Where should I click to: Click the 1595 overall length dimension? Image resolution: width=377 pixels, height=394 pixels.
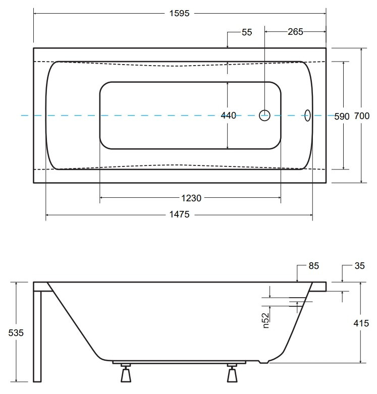(179, 13)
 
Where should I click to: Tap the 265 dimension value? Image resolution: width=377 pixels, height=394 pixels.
(295, 32)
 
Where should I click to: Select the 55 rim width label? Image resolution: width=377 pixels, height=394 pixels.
(247, 32)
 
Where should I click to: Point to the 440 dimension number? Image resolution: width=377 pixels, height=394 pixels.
(229, 116)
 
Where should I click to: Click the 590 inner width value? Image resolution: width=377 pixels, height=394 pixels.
(342, 117)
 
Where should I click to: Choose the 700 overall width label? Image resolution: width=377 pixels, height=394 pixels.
(362, 116)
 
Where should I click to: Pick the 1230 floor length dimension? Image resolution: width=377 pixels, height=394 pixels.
(191, 198)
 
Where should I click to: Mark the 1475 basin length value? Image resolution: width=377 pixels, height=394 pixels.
(179, 214)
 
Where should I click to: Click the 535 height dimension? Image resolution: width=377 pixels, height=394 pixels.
(16, 332)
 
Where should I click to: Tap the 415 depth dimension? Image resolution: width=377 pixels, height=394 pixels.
(361, 323)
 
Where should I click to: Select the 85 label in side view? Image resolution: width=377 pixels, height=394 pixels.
(314, 265)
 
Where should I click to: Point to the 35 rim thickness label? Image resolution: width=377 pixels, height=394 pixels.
(359, 265)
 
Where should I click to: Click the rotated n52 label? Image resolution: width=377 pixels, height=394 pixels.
(265, 320)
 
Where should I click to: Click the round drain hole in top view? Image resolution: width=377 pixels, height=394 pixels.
(264, 116)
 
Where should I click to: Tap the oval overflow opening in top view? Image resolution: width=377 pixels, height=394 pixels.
(307, 116)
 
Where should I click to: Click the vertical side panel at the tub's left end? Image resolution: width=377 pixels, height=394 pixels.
(37, 336)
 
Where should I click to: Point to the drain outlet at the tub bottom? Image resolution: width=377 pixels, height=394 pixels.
(264, 362)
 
